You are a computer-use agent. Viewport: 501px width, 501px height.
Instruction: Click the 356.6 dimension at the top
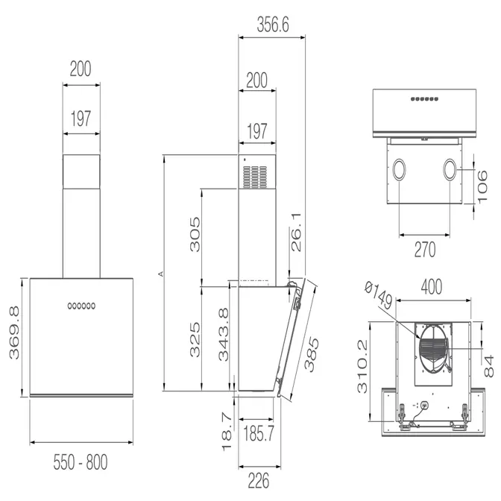coord(273,25)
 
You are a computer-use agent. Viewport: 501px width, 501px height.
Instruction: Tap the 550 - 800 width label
coord(81,462)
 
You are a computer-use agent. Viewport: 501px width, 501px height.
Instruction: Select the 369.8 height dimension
coord(14,333)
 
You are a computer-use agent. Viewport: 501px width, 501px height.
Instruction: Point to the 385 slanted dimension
coord(311,354)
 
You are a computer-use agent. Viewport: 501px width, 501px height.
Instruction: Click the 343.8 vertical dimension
coord(224,334)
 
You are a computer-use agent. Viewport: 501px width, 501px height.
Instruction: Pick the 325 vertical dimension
coord(195,340)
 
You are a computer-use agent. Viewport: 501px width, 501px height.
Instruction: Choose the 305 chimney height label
coord(195,235)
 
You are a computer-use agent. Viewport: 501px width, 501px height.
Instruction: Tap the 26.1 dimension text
coord(296,232)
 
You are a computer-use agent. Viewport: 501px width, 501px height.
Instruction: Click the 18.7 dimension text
coord(227,432)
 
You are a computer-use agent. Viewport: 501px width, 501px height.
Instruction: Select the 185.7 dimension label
coord(259,434)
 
